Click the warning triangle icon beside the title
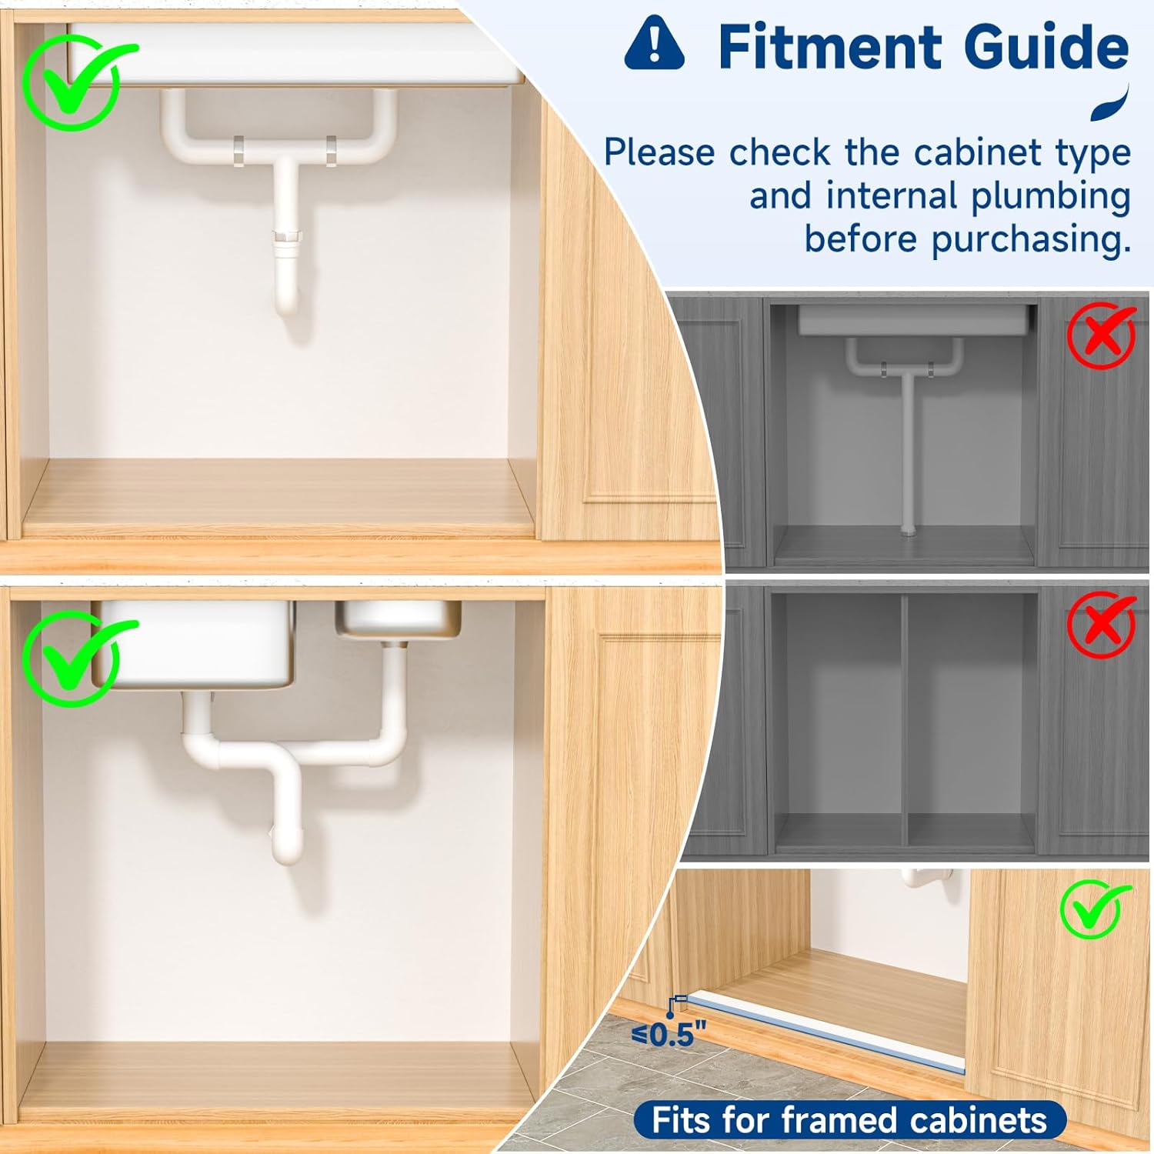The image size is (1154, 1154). [654, 44]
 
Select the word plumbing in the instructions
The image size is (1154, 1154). [1050, 196]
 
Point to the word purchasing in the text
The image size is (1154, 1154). [1031, 239]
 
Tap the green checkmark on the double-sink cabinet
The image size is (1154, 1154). [77, 659]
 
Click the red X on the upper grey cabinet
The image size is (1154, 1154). [1102, 335]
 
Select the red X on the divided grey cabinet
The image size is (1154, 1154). [1102, 625]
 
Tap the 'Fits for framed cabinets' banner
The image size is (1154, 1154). [849, 1120]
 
